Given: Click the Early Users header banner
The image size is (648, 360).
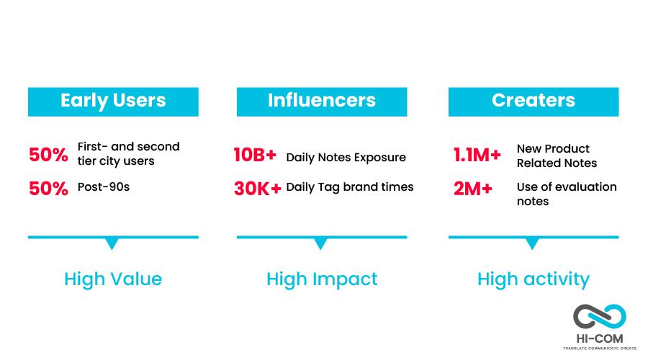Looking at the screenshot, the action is [113, 102].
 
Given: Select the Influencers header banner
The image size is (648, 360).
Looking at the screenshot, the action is [322, 102].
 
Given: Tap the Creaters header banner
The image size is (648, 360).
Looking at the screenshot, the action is [534, 102].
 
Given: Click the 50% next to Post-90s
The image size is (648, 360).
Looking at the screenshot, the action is [48, 189].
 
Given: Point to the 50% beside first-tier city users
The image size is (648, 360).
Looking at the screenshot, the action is [48, 155].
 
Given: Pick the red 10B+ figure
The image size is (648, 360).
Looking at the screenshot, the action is [255, 155].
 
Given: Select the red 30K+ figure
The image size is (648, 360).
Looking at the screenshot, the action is [258, 189].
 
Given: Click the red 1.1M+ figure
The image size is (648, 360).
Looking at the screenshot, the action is [477, 155].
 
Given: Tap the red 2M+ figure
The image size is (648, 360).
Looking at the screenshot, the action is [473, 189].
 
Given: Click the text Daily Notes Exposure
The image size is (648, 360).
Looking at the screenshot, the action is [346, 158].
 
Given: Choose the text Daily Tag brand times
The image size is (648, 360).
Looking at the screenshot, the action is [350, 187].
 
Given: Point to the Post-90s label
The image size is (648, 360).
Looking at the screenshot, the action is [104, 186].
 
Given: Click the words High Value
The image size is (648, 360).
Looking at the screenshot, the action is [113, 279].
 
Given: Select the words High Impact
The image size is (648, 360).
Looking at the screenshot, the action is [322, 279].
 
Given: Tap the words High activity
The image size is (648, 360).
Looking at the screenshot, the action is [534, 279].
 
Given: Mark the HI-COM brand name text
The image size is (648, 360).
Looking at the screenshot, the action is [600, 339].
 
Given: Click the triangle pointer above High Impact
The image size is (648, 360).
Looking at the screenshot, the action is [320, 243].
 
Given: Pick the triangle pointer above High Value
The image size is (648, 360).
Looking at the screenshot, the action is [112, 243].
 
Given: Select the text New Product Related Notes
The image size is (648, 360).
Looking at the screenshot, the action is [557, 156].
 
